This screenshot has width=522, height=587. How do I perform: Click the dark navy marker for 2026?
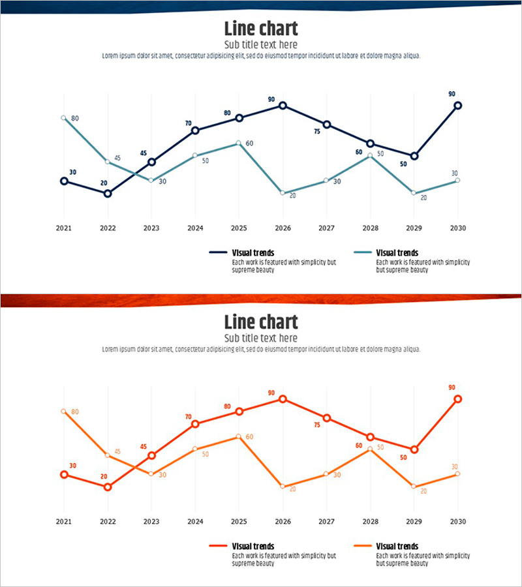(x=283, y=105)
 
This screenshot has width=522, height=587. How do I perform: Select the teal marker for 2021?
(x=63, y=118)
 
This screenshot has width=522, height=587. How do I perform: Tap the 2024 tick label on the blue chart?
(x=195, y=228)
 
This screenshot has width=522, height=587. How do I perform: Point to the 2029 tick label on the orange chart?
(x=414, y=522)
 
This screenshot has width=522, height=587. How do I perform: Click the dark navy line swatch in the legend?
(x=217, y=252)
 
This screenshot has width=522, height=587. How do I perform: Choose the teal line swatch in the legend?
(x=362, y=252)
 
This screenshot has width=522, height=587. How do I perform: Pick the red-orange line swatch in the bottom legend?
(x=217, y=546)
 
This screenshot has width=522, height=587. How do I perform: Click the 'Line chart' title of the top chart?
(x=261, y=29)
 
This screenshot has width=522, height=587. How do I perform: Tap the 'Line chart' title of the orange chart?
(x=261, y=322)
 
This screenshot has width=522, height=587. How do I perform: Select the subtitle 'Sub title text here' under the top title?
(x=261, y=45)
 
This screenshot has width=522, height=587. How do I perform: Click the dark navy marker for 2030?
(x=458, y=105)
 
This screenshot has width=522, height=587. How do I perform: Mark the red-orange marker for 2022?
(x=108, y=487)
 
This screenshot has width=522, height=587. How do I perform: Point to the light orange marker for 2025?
(x=239, y=436)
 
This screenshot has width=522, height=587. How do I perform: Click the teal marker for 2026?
(x=283, y=194)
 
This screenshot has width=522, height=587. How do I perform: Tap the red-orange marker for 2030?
(x=458, y=399)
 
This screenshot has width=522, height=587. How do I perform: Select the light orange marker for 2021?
(x=63, y=412)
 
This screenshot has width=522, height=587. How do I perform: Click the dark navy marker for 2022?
(x=108, y=193)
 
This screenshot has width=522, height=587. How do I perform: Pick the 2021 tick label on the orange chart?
(x=63, y=522)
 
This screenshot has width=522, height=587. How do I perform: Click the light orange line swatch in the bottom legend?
(x=362, y=546)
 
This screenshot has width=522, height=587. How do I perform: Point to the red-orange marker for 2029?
(x=414, y=449)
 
